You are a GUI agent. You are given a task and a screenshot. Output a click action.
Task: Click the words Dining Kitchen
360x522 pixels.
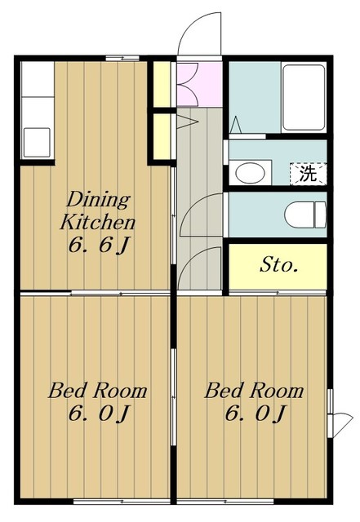point(98,210)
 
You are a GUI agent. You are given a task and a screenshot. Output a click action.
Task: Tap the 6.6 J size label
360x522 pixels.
point(98,246)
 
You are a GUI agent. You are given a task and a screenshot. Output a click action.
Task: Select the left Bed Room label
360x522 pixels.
point(98,391)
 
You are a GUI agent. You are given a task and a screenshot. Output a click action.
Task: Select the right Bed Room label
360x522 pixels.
point(254,391)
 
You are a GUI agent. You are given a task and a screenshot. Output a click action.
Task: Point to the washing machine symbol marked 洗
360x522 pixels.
point(308,174)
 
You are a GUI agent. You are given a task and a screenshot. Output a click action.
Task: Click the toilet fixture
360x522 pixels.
point(305,215)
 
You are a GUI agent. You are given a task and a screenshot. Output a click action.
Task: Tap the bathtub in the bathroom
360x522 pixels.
point(304,97)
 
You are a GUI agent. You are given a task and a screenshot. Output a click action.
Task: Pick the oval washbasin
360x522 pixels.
point(250,173)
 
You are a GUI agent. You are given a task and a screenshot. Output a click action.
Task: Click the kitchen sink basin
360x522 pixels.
point(37,143)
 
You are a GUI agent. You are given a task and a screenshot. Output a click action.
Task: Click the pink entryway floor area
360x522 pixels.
point(199,85)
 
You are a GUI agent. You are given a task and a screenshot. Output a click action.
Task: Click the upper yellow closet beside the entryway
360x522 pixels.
point(162,85)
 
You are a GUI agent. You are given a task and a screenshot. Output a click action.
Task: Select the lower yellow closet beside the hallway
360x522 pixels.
point(162,136)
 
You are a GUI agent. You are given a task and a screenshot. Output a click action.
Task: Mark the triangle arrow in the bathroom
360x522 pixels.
point(236,125)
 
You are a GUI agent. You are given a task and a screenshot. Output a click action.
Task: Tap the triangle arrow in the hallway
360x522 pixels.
point(187,122)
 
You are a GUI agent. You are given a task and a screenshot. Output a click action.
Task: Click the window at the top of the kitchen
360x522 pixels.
point(122,58)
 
